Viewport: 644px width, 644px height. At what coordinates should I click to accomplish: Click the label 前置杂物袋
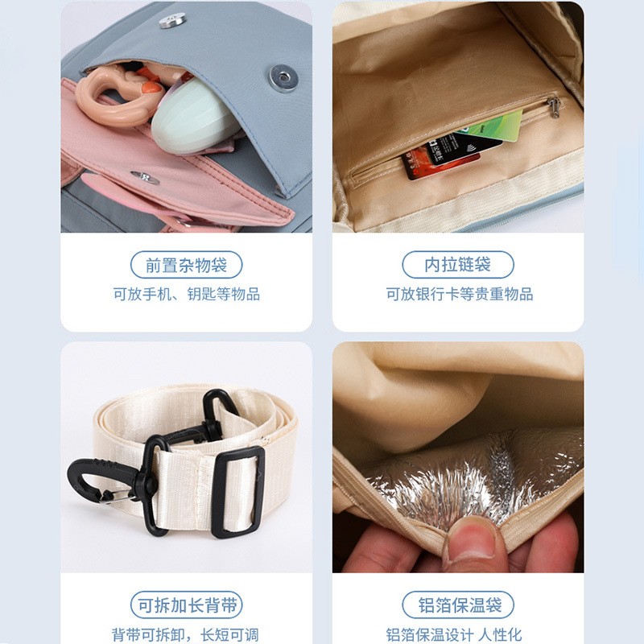[186, 265]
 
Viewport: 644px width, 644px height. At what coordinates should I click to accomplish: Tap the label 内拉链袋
[457, 265]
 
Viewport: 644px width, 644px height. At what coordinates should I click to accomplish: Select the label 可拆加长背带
[186, 605]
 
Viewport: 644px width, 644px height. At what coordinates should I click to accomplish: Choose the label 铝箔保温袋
[457, 605]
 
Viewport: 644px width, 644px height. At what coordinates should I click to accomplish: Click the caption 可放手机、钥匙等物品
[186, 294]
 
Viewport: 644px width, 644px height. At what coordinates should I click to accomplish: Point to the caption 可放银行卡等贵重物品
[459, 294]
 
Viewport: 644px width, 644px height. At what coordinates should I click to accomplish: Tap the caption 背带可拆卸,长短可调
[186, 634]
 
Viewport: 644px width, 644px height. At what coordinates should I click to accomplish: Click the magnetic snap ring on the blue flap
[283, 77]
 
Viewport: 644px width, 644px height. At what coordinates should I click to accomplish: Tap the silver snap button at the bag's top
[172, 20]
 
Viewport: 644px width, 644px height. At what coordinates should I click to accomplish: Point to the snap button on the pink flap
[145, 177]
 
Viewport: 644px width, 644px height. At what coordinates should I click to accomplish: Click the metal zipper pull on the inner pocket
[554, 107]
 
